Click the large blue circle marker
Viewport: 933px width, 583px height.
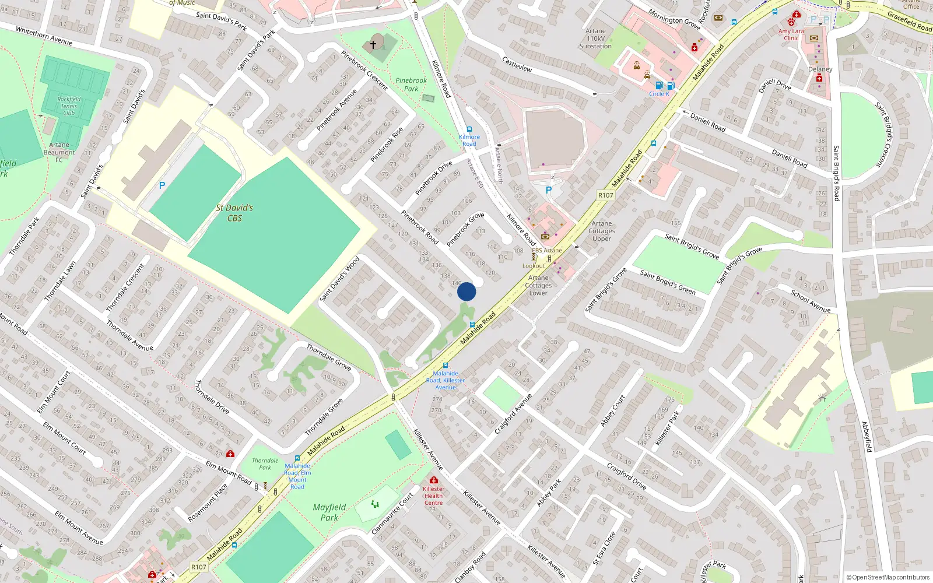[x=466, y=291]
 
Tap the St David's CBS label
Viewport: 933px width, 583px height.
[x=234, y=213]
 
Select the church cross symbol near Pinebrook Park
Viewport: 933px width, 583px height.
[x=373, y=44]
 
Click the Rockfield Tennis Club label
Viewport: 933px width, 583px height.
[x=69, y=106]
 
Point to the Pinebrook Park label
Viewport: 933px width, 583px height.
[x=411, y=85]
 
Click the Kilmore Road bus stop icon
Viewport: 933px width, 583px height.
[x=469, y=130]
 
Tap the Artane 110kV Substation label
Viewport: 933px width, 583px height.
[x=595, y=38]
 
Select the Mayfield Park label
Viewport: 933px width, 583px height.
[x=329, y=512]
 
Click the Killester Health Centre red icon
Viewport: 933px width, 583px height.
[x=433, y=480]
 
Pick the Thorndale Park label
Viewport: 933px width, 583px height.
[x=265, y=464]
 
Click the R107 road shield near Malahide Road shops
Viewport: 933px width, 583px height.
[x=606, y=195]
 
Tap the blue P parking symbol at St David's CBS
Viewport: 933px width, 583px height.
[x=162, y=185]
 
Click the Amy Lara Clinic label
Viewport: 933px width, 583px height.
[x=791, y=35]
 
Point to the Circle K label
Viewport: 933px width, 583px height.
[x=659, y=94]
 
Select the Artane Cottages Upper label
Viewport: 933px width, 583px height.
[x=602, y=231]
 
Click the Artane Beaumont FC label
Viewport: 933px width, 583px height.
[x=59, y=152]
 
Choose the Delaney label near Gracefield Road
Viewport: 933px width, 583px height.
[x=820, y=69]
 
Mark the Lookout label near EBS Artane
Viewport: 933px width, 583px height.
[x=534, y=266]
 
